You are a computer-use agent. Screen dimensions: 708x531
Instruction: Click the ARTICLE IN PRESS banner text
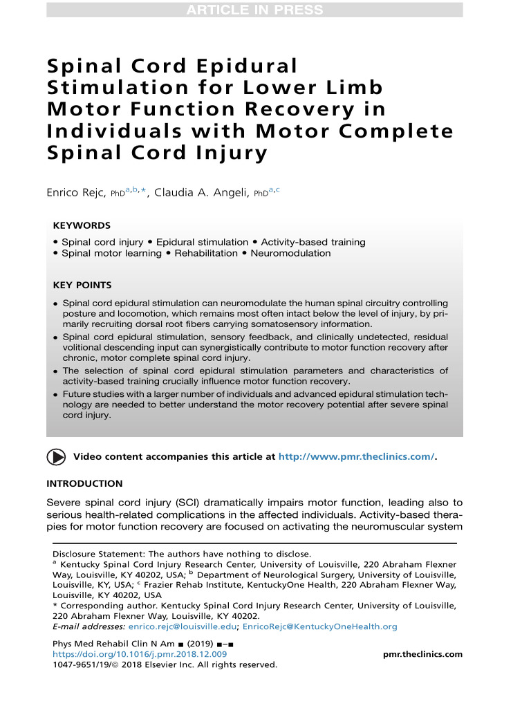254,10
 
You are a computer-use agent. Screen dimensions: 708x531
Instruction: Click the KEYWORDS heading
82,225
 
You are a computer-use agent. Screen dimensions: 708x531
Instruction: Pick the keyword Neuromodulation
290,253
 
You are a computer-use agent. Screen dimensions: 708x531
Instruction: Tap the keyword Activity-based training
313,242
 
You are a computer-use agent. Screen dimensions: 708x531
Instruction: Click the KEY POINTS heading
82,285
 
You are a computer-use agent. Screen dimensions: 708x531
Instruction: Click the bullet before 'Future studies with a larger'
56,395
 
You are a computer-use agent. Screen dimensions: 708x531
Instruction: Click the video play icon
56,457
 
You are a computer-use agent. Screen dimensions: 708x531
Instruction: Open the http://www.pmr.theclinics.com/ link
356,457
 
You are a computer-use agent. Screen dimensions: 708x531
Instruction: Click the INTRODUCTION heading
84,483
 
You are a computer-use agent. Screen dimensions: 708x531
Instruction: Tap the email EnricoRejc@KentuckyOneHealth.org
319,626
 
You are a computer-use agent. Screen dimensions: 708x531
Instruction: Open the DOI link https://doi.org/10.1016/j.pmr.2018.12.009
140,654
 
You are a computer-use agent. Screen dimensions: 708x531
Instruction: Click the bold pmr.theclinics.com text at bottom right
422,654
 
